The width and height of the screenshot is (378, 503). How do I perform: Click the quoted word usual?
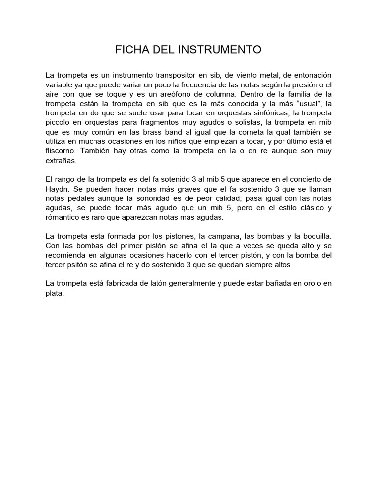point(309,103)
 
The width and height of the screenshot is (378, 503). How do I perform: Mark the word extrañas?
point(62,160)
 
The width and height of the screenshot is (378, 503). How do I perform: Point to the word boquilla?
point(315,236)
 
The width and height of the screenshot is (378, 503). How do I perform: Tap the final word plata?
point(55,293)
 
